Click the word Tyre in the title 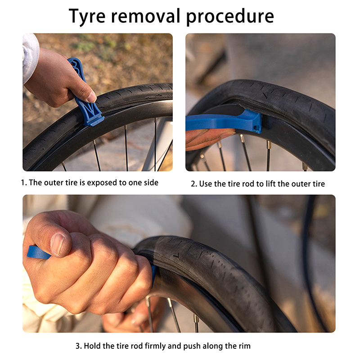click(87, 17)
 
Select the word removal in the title click(145, 16)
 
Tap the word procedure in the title click(230, 17)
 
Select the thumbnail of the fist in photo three click(58, 244)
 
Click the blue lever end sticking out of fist click(38, 252)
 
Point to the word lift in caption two click(270, 184)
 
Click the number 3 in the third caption click(78, 346)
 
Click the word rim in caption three click(245, 346)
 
